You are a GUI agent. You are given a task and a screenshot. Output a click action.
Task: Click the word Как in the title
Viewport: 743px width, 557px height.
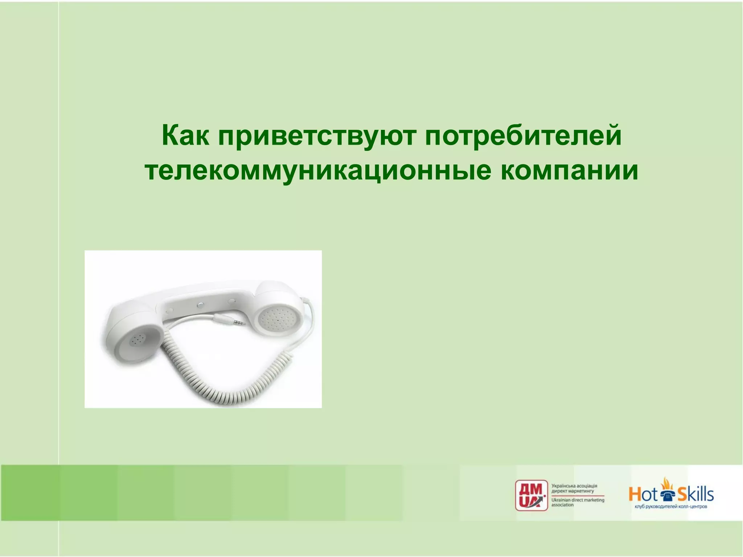[185, 135]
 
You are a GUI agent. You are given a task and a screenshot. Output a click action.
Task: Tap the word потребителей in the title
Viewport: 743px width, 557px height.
[523, 135]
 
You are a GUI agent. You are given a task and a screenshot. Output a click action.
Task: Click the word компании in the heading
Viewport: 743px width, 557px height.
[569, 171]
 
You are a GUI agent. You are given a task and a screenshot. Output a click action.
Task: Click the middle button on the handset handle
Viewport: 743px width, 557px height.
[199, 305]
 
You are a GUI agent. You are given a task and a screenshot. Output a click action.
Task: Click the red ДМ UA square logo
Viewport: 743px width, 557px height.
[531, 495]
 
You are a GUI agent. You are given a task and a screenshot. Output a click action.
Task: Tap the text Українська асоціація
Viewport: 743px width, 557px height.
[574, 486]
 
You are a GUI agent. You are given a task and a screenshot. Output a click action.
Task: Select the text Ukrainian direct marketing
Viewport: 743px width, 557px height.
[578, 500]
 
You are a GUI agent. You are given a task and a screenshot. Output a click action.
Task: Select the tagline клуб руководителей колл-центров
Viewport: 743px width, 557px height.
[671, 507]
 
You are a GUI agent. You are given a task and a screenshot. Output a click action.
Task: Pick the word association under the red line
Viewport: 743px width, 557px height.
[562, 505]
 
